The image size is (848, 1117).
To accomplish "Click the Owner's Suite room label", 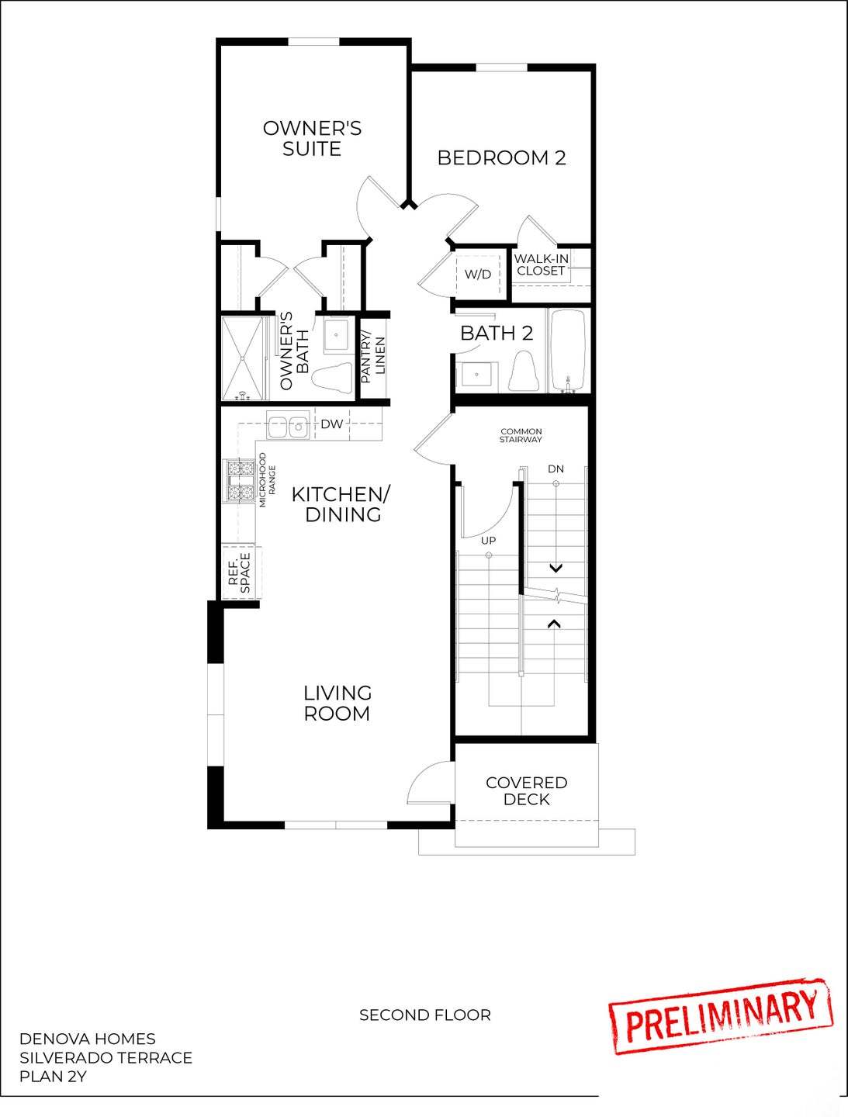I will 312,138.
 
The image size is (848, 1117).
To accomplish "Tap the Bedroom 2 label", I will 501,157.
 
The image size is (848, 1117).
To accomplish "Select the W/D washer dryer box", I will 478,274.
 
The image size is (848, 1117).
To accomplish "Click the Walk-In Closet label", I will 541,265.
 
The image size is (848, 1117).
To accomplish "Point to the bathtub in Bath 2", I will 569,351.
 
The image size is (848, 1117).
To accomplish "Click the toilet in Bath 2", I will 524,372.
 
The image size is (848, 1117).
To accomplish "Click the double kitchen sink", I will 288,425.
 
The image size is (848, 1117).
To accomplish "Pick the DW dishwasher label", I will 332,424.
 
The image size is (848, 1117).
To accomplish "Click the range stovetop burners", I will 241,481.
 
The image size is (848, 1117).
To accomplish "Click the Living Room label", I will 337,703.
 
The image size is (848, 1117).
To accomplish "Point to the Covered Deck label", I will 527,791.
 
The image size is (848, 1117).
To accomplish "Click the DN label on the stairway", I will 556,469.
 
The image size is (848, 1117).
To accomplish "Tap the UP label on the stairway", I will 488,540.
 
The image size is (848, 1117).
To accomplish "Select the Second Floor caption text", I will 424,1015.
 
